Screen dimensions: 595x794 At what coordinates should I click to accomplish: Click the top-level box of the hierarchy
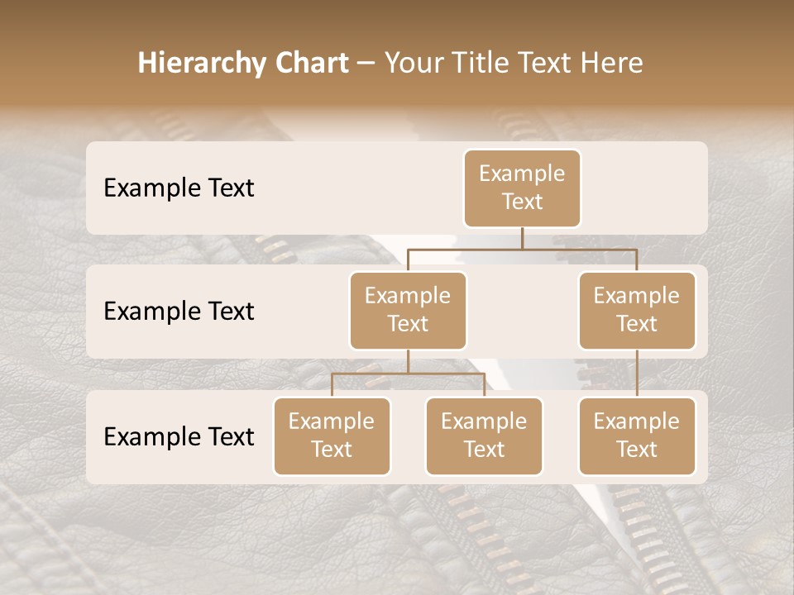pyautogui.click(x=522, y=188)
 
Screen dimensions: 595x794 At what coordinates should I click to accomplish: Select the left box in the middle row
pyautogui.click(x=408, y=311)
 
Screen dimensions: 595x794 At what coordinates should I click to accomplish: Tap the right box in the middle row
pyautogui.click(x=637, y=311)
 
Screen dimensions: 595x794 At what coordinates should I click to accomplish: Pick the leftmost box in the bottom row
pyautogui.click(x=332, y=436)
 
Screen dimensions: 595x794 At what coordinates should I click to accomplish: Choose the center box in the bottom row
pyautogui.click(x=484, y=436)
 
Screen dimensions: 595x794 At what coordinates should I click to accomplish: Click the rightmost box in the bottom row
pyautogui.click(x=637, y=436)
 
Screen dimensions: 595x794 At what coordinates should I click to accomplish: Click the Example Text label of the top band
pyautogui.click(x=179, y=188)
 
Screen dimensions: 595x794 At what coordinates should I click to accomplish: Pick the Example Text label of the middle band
pyautogui.click(x=179, y=312)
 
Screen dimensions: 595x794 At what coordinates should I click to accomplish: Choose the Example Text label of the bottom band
pyautogui.click(x=179, y=437)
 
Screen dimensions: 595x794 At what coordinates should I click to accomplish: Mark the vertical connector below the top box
pyautogui.click(x=522, y=238)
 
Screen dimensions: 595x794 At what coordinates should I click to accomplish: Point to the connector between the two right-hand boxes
pyautogui.click(x=637, y=374)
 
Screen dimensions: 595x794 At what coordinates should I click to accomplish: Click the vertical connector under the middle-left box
pyautogui.click(x=408, y=361)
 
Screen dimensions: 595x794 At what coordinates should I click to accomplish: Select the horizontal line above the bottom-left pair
pyautogui.click(x=408, y=374)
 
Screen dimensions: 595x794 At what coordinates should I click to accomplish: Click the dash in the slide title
pyautogui.click(x=366, y=64)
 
